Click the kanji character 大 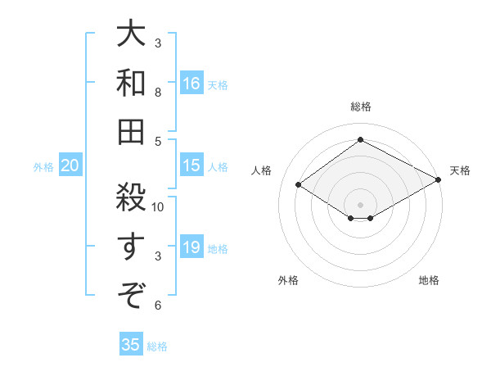(x=131, y=35)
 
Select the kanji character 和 (x=131, y=83)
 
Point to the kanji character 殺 (x=131, y=196)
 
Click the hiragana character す (x=131, y=245)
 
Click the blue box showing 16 (x=191, y=84)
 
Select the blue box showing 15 (x=191, y=166)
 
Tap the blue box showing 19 (x=191, y=248)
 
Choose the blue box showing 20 (x=70, y=166)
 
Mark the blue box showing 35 (x=131, y=345)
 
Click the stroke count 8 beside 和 (x=158, y=93)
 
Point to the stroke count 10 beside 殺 (x=159, y=207)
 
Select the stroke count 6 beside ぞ (x=158, y=306)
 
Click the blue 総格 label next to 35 (x=158, y=346)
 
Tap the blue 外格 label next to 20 (x=43, y=167)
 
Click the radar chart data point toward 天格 (x=439, y=181)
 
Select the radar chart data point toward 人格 (x=299, y=185)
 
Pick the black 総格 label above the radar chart (x=360, y=106)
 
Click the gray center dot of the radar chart (x=360, y=204)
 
